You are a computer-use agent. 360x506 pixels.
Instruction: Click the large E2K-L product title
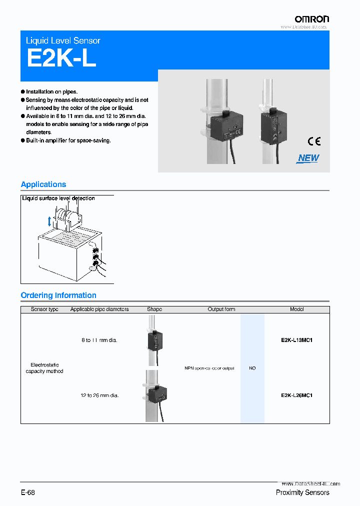[x=61, y=58]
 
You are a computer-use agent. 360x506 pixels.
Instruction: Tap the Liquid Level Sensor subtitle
[x=63, y=40]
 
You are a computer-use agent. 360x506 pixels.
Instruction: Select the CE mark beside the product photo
[x=314, y=141]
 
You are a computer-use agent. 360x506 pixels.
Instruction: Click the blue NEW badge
[x=308, y=158]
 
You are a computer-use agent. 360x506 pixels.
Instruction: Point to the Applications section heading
[x=43, y=184]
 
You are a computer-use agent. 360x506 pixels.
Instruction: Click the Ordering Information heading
[x=58, y=295]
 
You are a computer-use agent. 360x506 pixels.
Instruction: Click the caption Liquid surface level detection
[x=58, y=198]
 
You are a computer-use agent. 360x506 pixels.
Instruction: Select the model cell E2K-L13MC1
[x=296, y=340]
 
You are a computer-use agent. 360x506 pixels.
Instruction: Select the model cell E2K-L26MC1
[x=296, y=395]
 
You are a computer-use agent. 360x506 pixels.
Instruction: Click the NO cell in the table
[x=252, y=368]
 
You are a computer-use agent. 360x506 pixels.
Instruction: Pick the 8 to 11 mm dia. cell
[x=99, y=340]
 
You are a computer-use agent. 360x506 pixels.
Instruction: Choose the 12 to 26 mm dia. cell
[x=99, y=395]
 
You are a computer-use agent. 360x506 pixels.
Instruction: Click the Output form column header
[x=221, y=309]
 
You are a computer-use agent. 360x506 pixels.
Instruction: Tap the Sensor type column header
[x=44, y=309]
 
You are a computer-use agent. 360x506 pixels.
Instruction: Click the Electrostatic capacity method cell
[x=44, y=368]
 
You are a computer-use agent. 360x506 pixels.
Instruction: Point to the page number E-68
[x=28, y=492]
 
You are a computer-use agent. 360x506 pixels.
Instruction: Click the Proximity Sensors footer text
[x=302, y=492]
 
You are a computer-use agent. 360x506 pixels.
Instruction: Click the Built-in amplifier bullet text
[x=68, y=140]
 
